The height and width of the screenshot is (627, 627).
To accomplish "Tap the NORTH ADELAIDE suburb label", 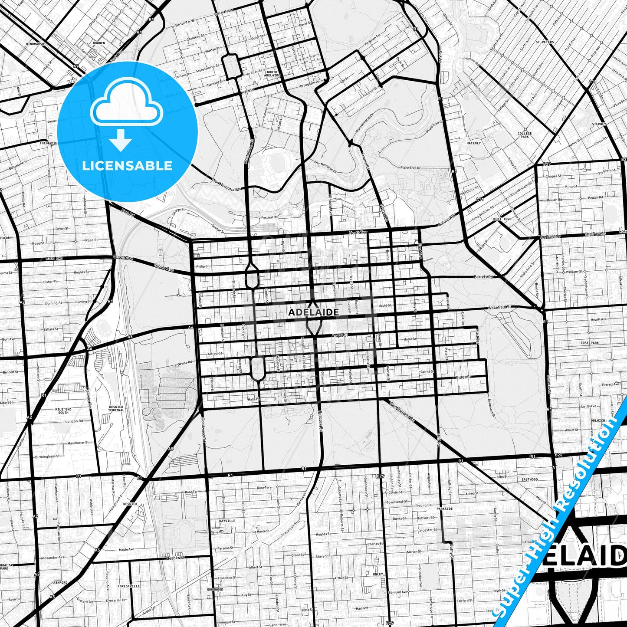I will (272, 73).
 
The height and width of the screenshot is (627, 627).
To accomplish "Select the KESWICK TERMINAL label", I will (116, 408).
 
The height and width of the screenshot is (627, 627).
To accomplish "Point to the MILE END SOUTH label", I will (63, 410).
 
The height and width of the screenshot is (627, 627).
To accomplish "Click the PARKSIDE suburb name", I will (445, 509).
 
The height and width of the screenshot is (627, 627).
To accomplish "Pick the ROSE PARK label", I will (590, 343).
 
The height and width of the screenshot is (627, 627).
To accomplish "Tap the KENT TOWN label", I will (502, 219).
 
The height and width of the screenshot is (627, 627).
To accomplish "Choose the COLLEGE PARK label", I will (525, 135).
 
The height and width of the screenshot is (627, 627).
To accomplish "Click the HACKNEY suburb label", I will (474, 143).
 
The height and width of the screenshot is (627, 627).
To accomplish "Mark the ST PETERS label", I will (545, 43).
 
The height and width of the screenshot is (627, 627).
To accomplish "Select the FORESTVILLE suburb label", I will (129, 586).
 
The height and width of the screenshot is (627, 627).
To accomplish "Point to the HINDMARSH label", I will (36, 44).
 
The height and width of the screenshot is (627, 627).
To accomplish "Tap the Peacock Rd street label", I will (321, 421).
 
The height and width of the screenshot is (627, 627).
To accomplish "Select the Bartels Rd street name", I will (484, 276).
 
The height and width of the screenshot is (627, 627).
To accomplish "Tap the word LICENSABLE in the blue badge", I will (127, 166).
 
